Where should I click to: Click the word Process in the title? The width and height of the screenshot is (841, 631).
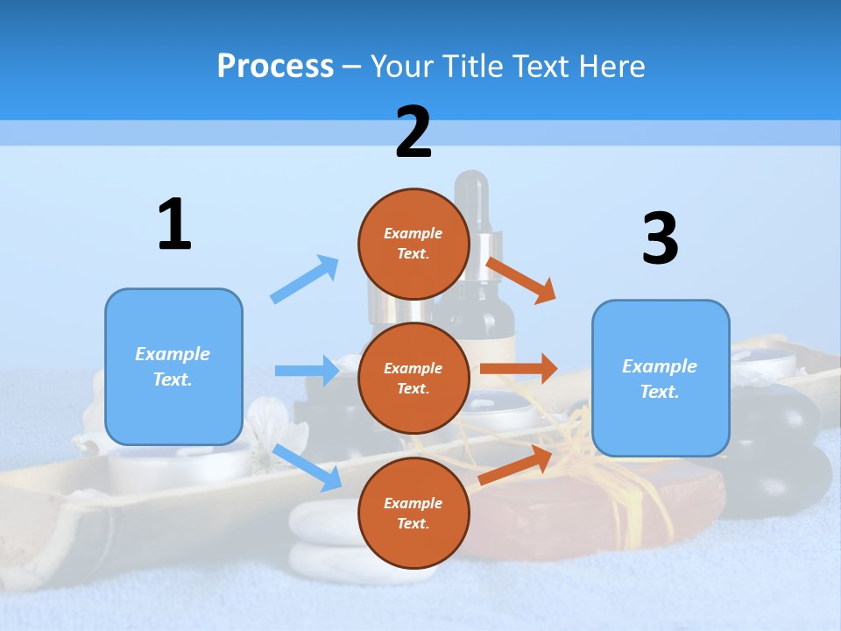pyautogui.click(x=275, y=66)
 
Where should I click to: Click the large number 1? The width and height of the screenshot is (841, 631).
pyautogui.click(x=174, y=224)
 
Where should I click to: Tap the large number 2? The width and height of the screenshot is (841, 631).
pyautogui.click(x=413, y=132)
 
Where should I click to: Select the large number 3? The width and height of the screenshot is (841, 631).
pyautogui.click(x=660, y=238)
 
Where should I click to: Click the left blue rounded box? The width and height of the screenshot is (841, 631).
pyautogui.click(x=173, y=366)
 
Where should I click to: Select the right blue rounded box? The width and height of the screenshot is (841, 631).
pyautogui.click(x=661, y=378)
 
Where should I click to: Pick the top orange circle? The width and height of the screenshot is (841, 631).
pyautogui.click(x=413, y=244)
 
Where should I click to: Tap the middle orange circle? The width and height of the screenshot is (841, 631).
pyautogui.click(x=413, y=378)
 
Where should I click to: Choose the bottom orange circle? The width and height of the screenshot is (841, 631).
pyautogui.click(x=413, y=513)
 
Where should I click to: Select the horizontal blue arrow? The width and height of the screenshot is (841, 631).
pyautogui.click(x=307, y=371)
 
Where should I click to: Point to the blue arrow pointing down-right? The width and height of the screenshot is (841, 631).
pyautogui.click(x=307, y=466)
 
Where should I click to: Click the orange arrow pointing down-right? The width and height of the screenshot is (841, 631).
pyautogui.click(x=521, y=280)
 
